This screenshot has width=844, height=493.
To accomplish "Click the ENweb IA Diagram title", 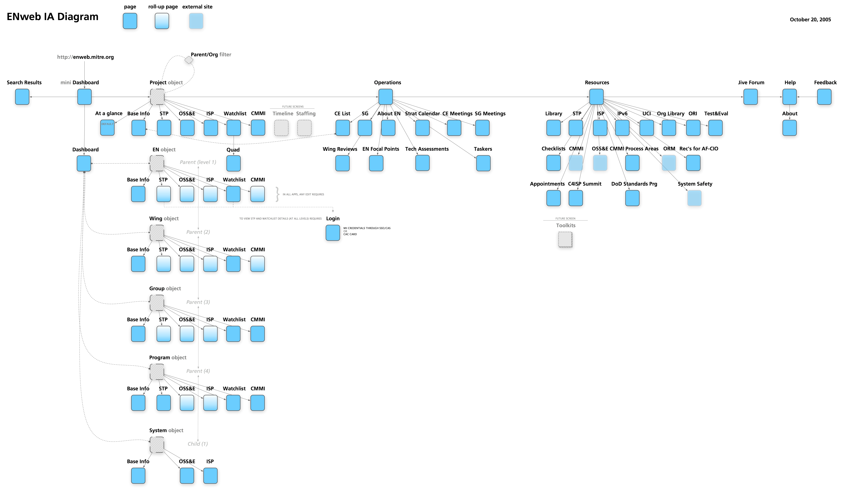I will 53,17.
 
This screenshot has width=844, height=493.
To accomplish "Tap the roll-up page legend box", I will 162,21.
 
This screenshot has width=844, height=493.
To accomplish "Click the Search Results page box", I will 22,97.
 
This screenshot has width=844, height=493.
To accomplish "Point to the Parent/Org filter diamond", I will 189,60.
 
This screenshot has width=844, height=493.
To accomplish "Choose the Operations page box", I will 386,97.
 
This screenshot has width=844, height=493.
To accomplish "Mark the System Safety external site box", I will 694,198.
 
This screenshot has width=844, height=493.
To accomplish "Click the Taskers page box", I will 483,163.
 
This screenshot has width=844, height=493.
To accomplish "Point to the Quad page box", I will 233,163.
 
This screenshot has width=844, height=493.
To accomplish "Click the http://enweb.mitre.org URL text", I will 85,57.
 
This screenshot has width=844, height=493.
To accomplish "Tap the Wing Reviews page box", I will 342,163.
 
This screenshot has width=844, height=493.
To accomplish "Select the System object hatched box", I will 157,444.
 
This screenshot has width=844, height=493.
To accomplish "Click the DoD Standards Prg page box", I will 632,198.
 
